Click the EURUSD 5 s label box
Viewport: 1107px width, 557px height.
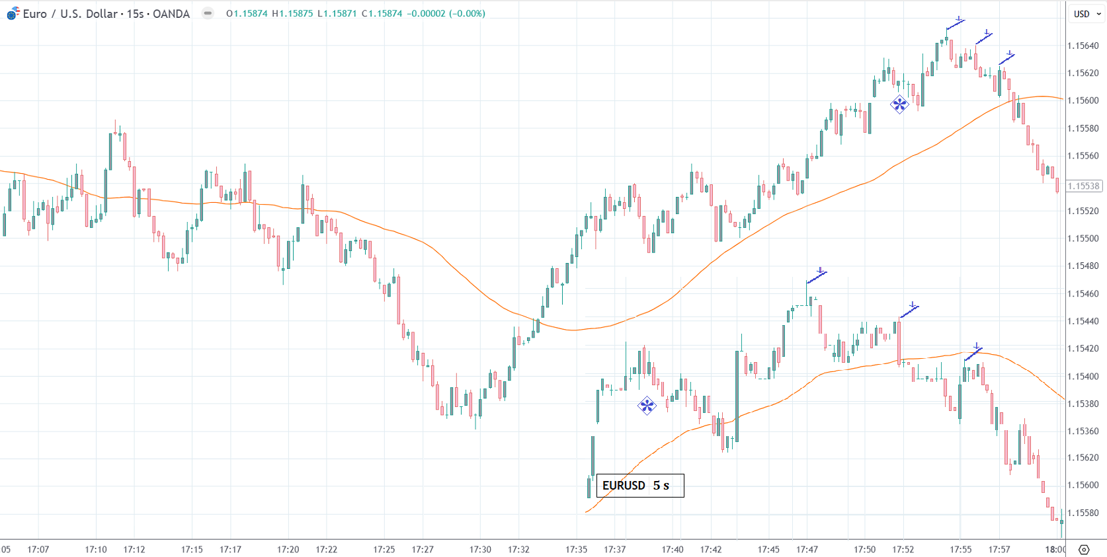(x=639, y=486)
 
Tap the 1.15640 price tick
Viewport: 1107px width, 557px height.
(x=1083, y=46)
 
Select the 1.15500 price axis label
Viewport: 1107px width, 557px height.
(x=1083, y=239)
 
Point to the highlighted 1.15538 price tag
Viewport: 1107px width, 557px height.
(x=1084, y=186)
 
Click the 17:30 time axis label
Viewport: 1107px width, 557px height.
(x=480, y=549)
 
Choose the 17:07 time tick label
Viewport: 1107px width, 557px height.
(x=38, y=549)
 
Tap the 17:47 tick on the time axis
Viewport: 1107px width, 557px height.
(x=807, y=549)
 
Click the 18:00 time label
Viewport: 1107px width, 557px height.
(x=1055, y=549)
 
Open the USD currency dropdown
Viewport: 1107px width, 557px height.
(x=1086, y=14)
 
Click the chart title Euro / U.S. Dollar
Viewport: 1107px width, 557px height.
(x=70, y=14)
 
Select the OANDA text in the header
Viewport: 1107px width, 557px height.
(x=171, y=14)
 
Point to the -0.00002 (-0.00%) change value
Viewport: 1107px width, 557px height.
(x=446, y=13)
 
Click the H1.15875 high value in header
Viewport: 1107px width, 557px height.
(x=292, y=13)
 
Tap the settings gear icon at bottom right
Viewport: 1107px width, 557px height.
(x=1084, y=549)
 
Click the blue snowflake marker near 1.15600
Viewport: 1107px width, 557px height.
(x=899, y=104)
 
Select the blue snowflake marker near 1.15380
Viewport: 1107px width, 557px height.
(x=647, y=406)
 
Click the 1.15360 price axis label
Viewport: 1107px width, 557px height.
(x=1083, y=431)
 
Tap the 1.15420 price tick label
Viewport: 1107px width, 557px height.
(x=1083, y=348)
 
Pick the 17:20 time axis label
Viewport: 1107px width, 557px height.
(x=288, y=549)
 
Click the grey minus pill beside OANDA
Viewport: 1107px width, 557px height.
(x=208, y=13)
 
